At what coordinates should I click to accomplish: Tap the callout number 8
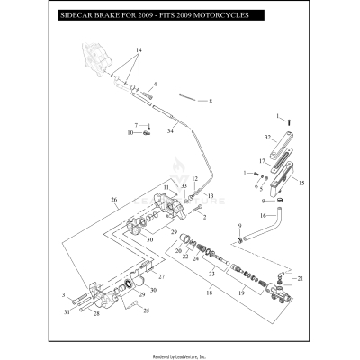[x=211, y=102]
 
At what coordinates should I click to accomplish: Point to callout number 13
[x=211, y=195]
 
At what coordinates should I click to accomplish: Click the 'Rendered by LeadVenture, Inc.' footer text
[x=180, y=355]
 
